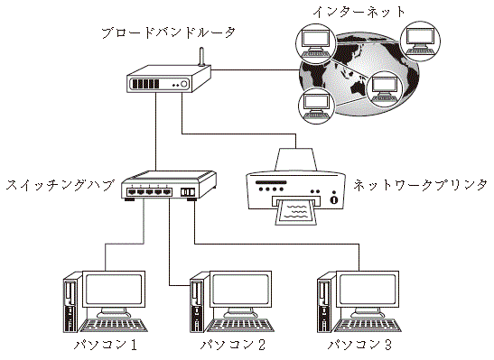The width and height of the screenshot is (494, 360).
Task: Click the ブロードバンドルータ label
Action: (168, 33)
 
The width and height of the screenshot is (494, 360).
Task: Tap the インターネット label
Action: (359, 12)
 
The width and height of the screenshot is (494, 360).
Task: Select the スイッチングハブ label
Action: (60, 185)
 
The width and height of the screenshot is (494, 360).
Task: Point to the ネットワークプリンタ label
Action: (420, 185)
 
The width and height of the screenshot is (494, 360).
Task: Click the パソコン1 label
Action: (106, 345)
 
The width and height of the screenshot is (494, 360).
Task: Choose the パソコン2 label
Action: (233, 345)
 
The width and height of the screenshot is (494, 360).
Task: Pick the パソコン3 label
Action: (359, 345)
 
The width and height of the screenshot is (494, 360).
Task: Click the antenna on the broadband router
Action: (201, 57)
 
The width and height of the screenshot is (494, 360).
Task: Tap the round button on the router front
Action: (183, 84)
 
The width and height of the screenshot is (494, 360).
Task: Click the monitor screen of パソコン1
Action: (114, 289)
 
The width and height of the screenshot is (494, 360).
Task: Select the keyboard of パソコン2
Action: (241, 325)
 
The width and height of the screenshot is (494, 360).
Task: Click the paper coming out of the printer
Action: (295, 212)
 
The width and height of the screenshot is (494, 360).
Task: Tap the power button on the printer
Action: (334, 199)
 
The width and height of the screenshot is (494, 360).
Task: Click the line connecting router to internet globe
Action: (255, 69)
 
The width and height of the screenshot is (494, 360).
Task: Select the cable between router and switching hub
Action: (155, 132)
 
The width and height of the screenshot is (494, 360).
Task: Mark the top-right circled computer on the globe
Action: (420, 42)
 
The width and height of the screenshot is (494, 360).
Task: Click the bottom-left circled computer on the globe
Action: (316, 106)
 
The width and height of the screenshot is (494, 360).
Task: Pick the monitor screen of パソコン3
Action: (368, 289)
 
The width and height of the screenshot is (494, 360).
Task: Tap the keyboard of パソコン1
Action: (114, 325)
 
